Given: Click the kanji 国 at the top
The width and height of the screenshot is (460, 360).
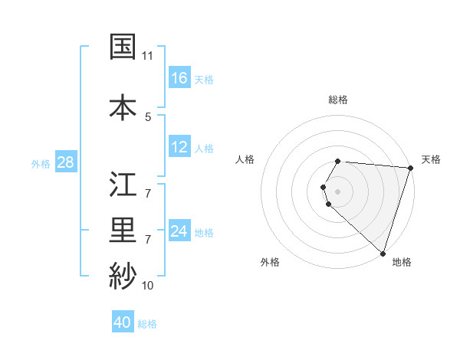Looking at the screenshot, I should [x=123, y=47].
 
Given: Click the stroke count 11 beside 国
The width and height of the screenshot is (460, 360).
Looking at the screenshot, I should [x=148, y=56].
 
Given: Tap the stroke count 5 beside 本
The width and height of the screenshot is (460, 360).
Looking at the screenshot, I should [x=148, y=116].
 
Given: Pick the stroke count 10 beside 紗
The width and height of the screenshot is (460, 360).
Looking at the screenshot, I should [x=148, y=285].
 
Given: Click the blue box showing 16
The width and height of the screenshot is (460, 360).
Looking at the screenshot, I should [x=179, y=78].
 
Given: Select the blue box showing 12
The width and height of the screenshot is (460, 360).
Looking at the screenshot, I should [x=179, y=147].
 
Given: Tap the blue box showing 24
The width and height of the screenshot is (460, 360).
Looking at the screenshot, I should [x=179, y=231].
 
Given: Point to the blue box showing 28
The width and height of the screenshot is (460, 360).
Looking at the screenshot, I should [x=65, y=162].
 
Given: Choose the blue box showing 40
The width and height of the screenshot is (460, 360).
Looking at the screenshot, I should [x=123, y=322].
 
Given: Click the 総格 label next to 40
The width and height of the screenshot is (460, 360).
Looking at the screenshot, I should [x=147, y=324].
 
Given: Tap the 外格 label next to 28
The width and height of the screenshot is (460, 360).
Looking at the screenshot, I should [x=41, y=163].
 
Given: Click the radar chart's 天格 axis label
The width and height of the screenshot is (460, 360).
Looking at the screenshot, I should [x=431, y=159].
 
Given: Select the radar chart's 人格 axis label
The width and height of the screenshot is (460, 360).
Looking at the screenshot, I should [x=245, y=159].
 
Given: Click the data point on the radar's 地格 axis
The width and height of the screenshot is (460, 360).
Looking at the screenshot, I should [x=383, y=253].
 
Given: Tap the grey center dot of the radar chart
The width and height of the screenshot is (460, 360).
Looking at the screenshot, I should [x=338, y=191].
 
